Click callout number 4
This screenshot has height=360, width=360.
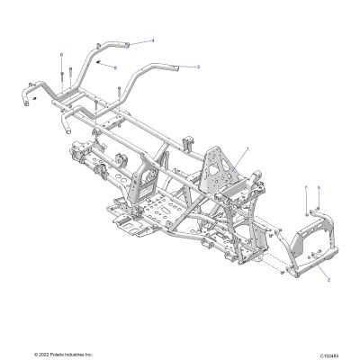[x=153, y=40]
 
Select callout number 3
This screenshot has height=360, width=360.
[x=198, y=67]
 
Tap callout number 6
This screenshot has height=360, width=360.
[x=62, y=55]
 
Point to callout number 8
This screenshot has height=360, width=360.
[x=115, y=67]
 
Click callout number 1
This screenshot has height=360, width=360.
[x=247, y=148]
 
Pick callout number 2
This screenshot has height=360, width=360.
[x=328, y=280]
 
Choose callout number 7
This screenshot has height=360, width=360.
[x=306, y=187]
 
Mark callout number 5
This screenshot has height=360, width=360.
[x=319, y=187]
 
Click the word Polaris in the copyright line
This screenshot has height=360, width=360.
[x=57, y=355]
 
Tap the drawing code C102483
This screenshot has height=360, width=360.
[x=329, y=355]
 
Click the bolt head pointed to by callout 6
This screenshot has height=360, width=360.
[x=62, y=74]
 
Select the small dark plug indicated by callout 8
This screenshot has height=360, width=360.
[x=97, y=61]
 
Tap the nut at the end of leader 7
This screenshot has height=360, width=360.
[x=306, y=215]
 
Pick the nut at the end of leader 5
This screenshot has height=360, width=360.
[x=319, y=208]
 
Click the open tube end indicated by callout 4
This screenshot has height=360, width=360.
[x=128, y=45]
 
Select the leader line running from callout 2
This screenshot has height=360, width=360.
[x=320, y=271]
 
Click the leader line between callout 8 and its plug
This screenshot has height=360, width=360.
[x=106, y=65]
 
